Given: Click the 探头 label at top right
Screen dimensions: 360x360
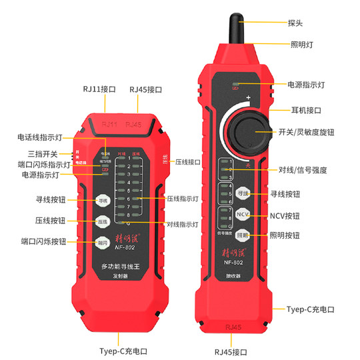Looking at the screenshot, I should (295, 22).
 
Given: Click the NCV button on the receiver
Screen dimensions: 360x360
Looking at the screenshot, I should (242, 214).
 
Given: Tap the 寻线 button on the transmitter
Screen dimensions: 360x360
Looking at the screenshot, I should (102, 200).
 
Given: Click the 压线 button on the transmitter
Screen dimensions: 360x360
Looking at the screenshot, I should (102, 221).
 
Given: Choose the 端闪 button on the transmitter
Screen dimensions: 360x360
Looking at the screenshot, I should (102, 243).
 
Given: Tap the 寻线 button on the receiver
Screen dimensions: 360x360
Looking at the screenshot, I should (242, 193).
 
